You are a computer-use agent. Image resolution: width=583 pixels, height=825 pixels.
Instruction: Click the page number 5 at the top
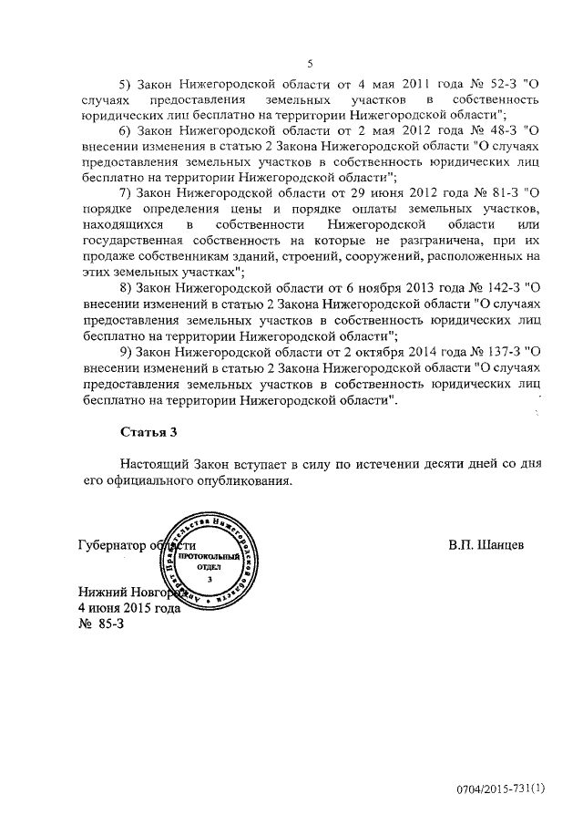tap(310, 63)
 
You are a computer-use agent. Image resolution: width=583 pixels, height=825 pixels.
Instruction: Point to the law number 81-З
tap(506, 192)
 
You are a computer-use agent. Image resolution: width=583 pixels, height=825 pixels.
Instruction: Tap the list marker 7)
tap(127, 192)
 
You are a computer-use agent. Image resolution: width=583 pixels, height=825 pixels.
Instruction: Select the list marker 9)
tap(127, 352)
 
